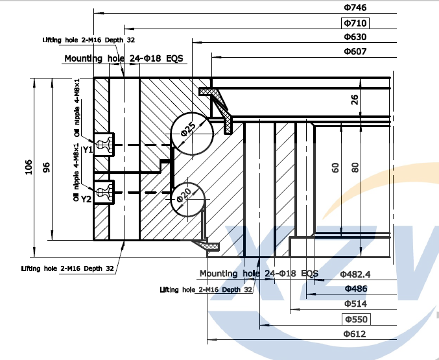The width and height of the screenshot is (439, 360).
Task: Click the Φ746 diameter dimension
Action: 355,7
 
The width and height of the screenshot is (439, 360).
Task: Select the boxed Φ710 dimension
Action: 355,23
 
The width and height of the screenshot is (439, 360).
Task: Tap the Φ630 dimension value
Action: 355,37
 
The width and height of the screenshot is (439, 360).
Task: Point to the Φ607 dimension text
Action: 355,51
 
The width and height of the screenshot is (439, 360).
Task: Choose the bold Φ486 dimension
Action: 355,289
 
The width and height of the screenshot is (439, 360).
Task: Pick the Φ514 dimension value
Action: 355,304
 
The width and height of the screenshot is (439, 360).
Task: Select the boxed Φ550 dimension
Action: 355,319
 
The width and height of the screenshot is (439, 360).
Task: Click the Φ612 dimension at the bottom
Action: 355,334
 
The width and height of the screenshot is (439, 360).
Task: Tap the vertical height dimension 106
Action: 27,167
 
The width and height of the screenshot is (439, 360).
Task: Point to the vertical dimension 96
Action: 46,167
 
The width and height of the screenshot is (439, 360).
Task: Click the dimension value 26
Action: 354,99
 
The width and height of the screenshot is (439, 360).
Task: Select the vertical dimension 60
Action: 335,167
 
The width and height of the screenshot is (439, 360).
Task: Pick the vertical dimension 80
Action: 355,167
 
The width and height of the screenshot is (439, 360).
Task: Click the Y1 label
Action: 88,150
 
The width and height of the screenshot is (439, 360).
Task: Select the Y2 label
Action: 86,199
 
